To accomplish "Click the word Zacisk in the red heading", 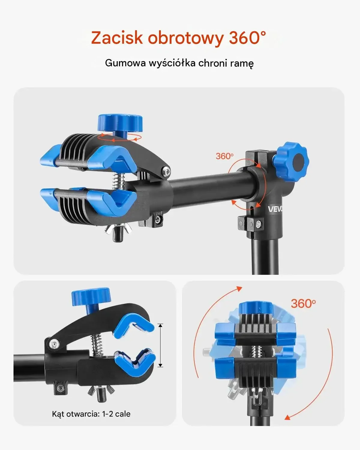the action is (117, 37).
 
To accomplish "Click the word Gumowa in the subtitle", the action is (125, 63).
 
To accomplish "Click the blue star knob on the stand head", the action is (291, 163).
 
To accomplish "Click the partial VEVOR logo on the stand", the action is (275, 209).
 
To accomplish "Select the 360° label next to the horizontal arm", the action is (224, 156).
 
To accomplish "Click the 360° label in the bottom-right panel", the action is (303, 304).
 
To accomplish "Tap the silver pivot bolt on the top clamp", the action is (166, 172).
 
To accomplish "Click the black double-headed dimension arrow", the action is (160, 345).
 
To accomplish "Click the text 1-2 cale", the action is (116, 414).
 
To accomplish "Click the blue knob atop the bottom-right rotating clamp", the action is (256, 309).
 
